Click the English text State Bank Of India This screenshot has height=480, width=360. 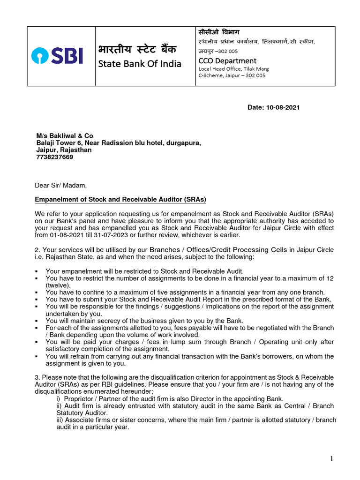(x=139, y=64)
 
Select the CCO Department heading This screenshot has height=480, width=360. (x=227, y=60)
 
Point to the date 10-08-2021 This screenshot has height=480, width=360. (x=283, y=107)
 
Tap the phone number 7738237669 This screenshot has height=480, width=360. (x=54, y=157)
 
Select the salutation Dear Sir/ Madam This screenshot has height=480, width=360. (x=61, y=185)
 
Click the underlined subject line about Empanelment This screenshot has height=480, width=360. (x=121, y=199)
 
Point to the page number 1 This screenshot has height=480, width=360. (x=331, y=459)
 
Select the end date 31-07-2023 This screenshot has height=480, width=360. (x=105, y=235)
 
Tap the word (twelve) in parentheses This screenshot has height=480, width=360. (x=58, y=285)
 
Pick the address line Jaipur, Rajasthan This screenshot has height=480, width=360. (x=64, y=150)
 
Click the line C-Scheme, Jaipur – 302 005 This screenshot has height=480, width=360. (x=232, y=75)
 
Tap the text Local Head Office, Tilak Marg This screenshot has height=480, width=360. (x=234, y=68)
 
